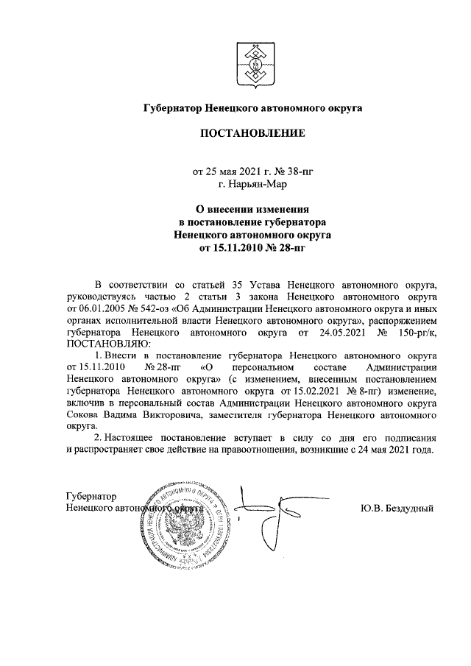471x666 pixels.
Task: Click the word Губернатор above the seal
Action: pos(91,496)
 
